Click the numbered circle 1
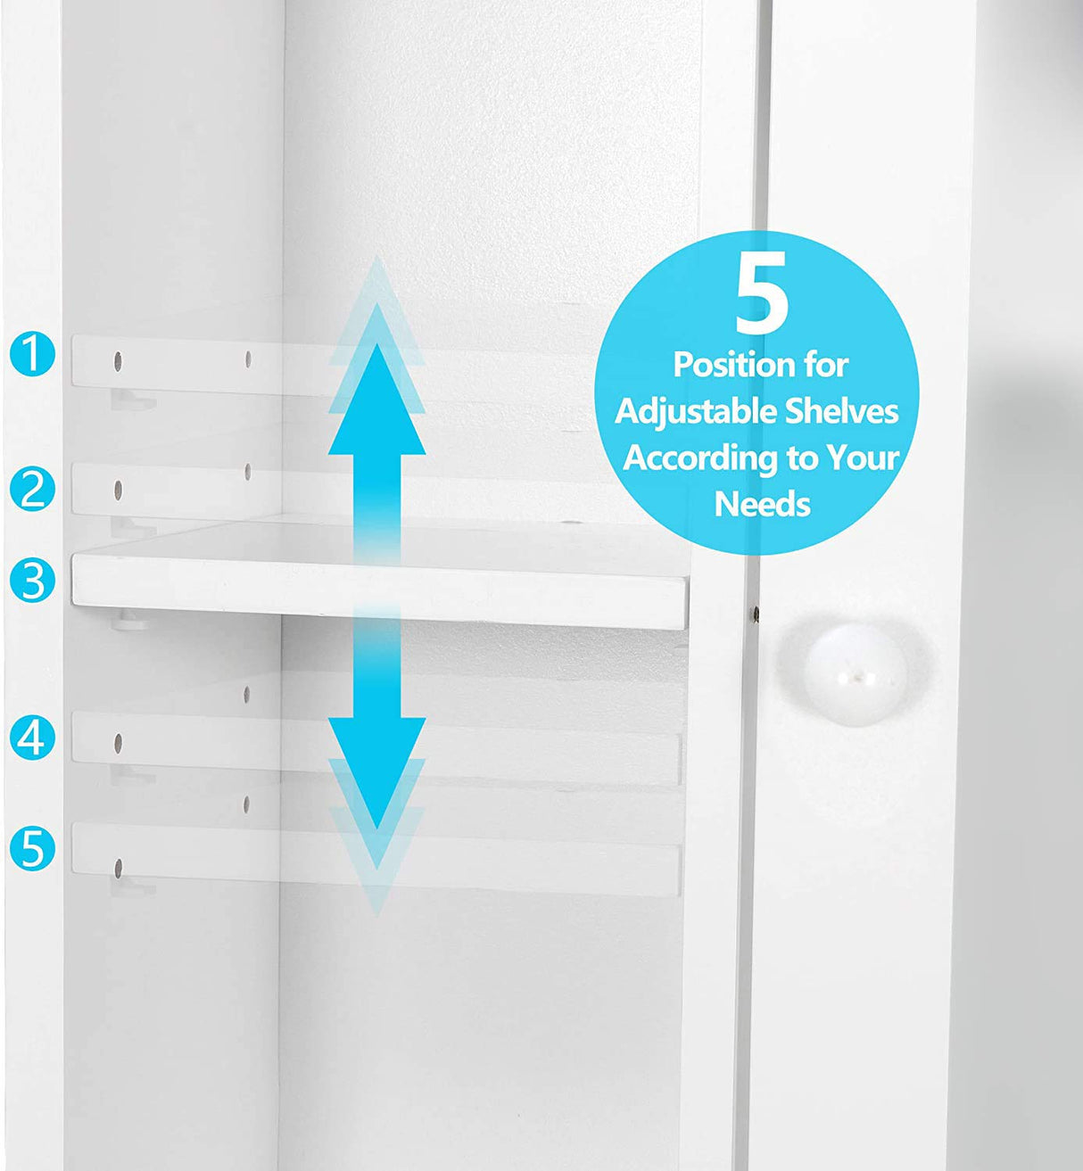point(33,353)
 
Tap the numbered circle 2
point(33,489)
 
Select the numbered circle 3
point(33,581)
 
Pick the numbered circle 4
point(33,738)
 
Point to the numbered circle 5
point(33,848)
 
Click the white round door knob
point(856,674)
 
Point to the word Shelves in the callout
point(842,411)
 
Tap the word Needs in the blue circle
point(762,505)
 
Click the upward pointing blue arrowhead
point(376,401)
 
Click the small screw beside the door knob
point(756,614)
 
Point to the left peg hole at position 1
point(118,362)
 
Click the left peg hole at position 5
point(118,866)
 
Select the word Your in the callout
point(862,458)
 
